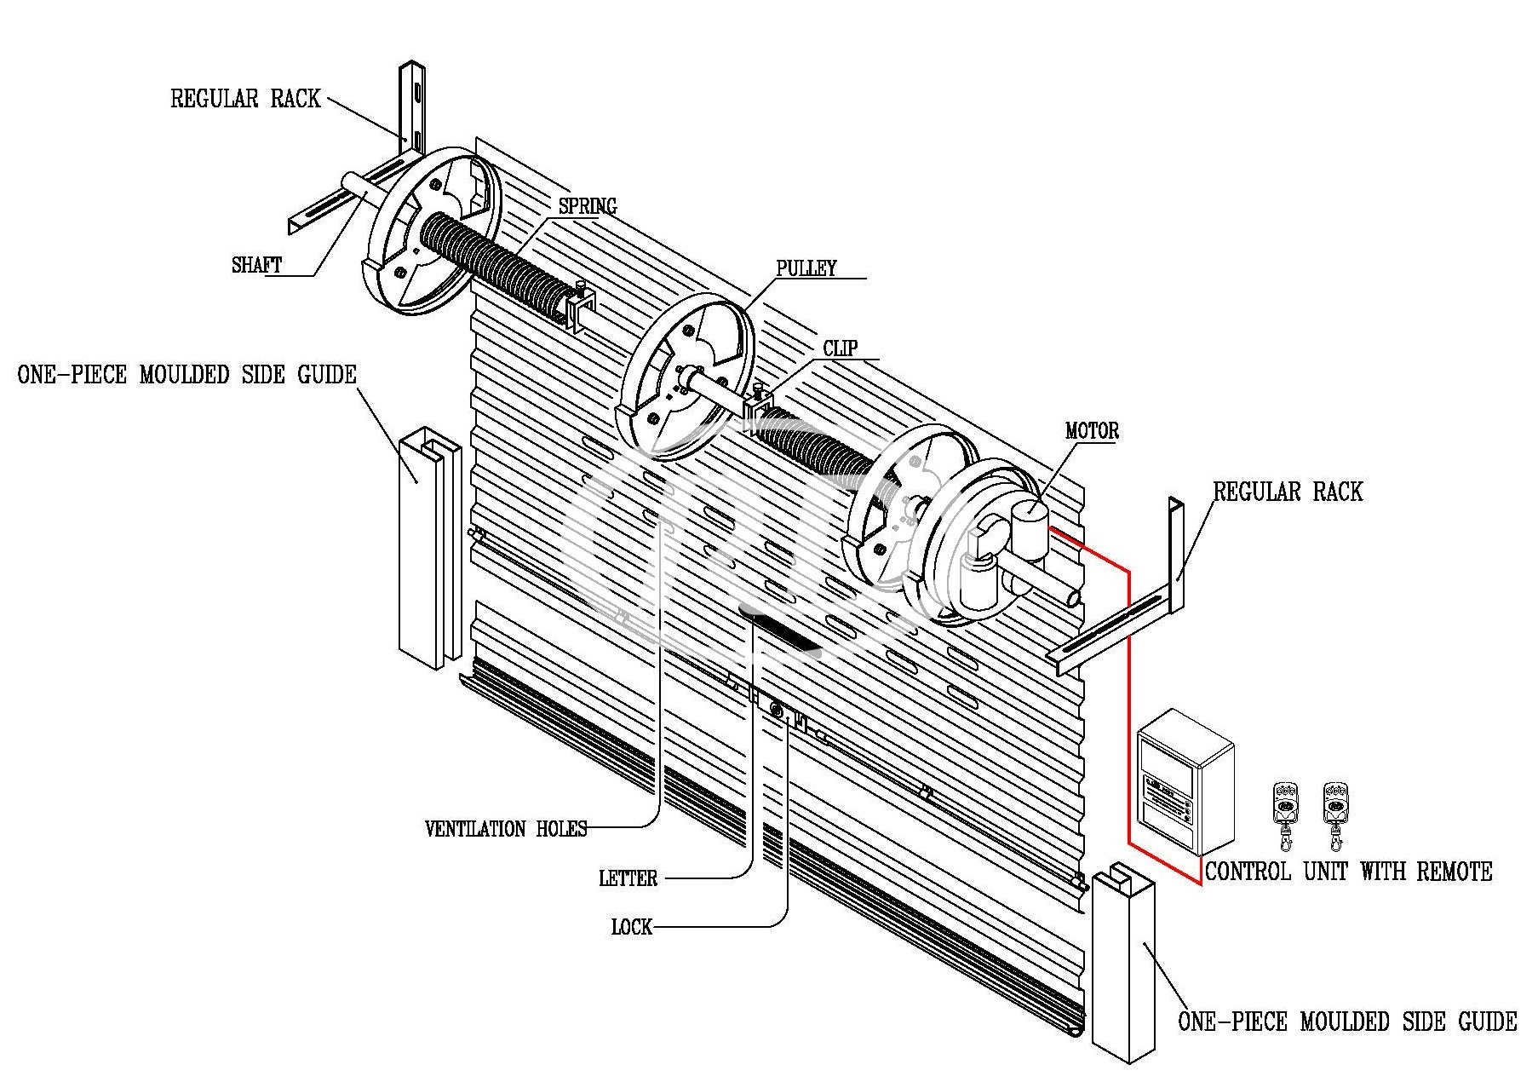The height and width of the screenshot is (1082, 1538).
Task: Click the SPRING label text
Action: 587,206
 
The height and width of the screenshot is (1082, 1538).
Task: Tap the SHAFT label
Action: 256,265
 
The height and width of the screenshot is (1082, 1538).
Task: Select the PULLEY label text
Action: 806,268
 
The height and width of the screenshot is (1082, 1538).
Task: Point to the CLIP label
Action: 840,348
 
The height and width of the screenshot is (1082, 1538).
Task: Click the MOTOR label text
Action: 1092,431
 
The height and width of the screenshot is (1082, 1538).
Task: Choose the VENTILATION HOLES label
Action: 506,829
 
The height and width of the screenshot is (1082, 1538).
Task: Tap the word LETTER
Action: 628,878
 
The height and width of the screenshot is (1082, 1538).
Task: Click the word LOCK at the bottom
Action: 631,927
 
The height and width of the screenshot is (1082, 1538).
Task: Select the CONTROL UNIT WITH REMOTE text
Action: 1348,872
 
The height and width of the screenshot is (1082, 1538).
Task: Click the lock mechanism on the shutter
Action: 778,710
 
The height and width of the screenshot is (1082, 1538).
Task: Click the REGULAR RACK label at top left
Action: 245,99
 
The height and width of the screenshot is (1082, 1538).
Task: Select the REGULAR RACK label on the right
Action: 1287,492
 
